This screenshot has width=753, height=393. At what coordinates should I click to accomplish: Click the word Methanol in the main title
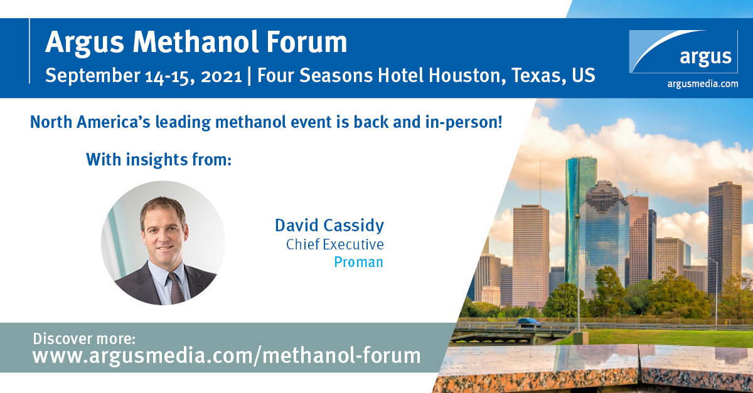(x=196, y=42)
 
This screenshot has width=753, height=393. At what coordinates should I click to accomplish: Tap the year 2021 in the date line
(x=221, y=76)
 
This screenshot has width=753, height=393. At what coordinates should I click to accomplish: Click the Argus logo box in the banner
(x=683, y=51)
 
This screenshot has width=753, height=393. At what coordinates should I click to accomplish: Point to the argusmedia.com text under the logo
(x=703, y=83)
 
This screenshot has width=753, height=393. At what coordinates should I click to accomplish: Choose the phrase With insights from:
(x=159, y=159)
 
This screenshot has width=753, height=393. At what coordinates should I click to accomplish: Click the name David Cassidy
(x=329, y=226)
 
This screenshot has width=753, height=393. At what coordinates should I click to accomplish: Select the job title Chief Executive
(x=335, y=244)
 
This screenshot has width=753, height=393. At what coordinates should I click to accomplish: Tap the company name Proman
(x=358, y=262)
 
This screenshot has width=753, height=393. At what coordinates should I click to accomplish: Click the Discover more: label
(x=84, y=338)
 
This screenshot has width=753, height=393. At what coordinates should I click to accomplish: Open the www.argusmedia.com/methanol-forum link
(x=227, y=356)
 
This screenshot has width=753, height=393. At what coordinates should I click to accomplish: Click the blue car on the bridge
(x=528, y=322)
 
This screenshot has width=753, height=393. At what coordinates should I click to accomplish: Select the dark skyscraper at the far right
(x=724, y=238)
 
